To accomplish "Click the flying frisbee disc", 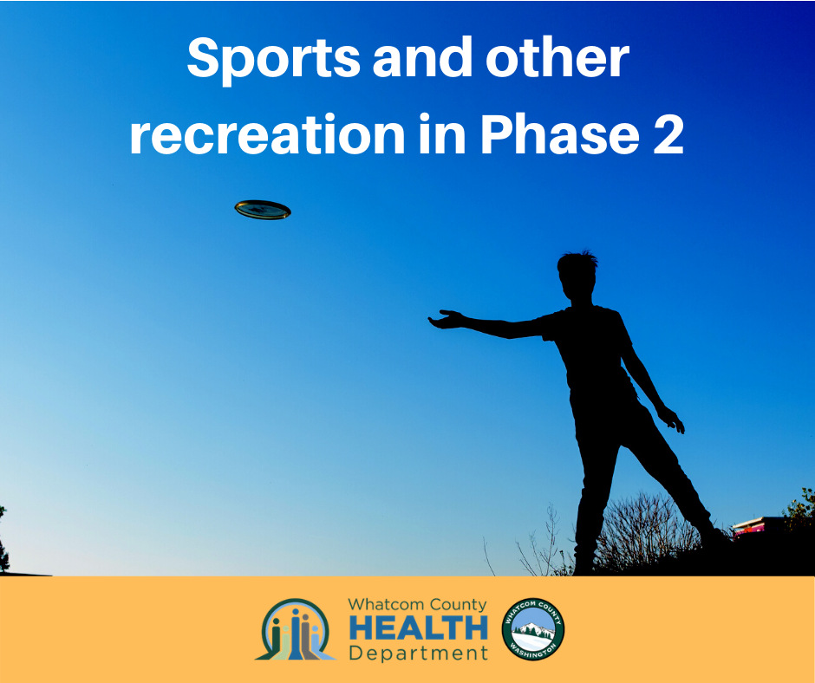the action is [263, 210].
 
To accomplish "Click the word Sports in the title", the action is [273, 59].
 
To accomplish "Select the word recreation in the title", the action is [268, 133].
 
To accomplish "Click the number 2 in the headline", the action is [668, 133].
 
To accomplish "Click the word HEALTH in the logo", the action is [419, 628].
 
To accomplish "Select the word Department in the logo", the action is [419, 653].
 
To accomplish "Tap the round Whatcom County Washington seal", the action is [532, 629].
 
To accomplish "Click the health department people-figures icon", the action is [296, 629].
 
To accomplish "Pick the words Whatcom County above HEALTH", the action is [417, 605].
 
